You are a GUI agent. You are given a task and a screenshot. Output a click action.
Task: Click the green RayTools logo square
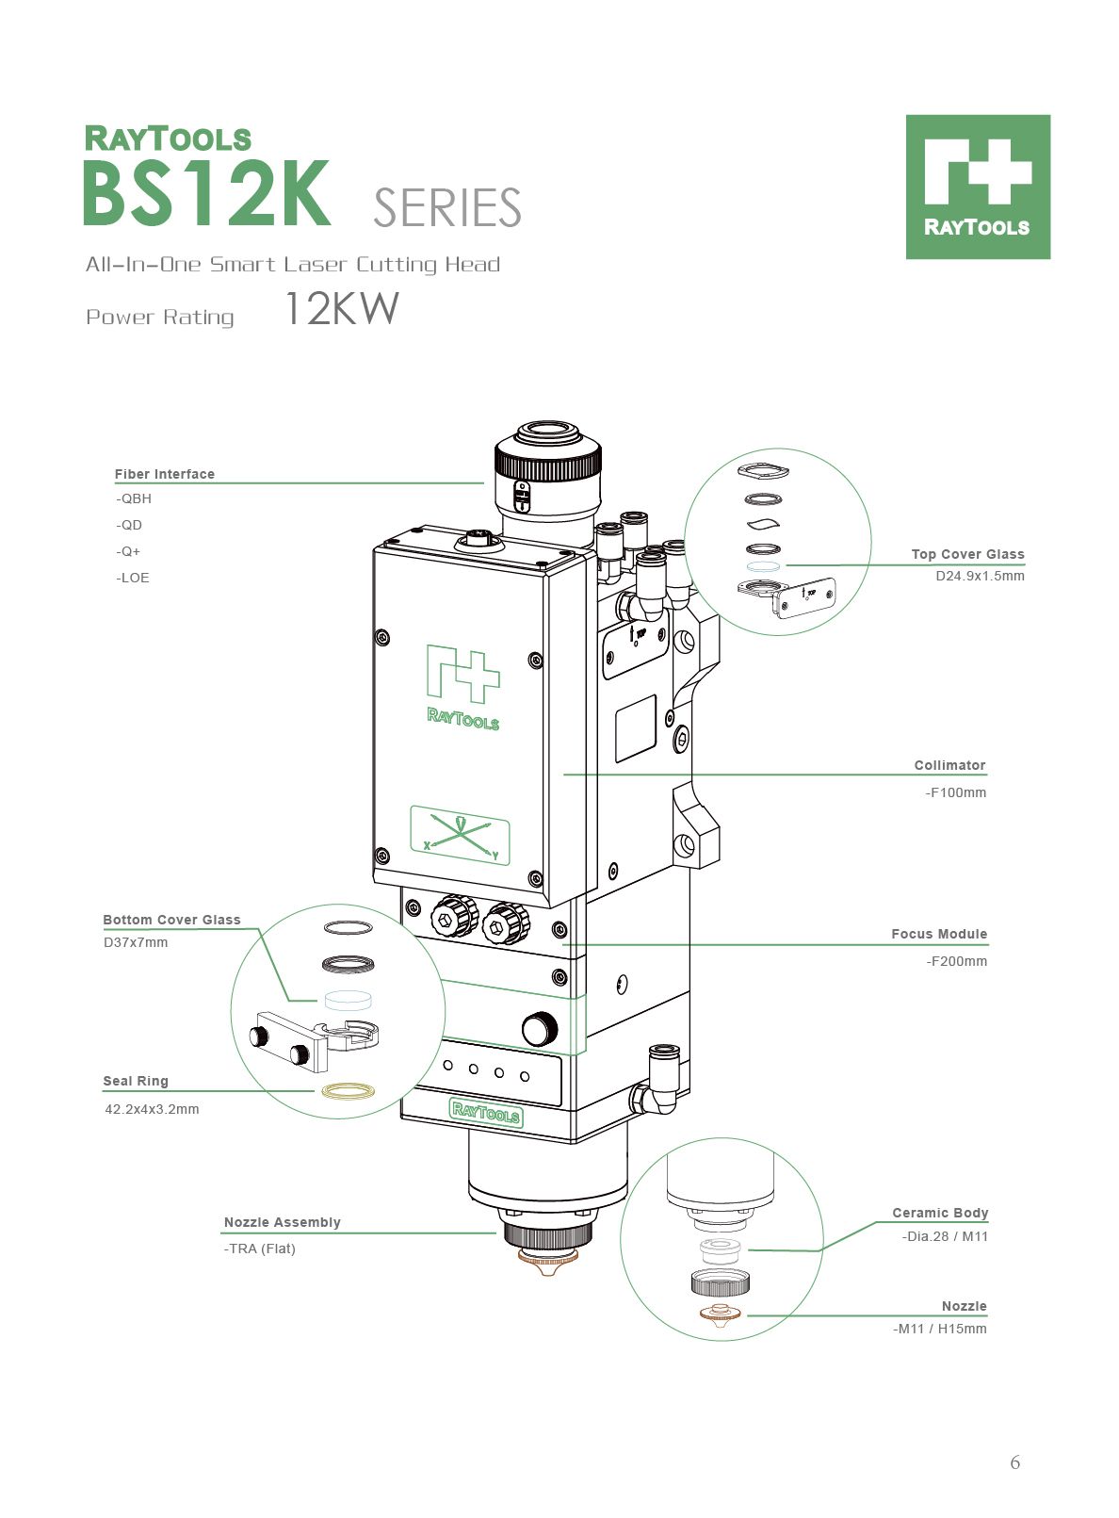pyautogui.click(x=978, y=187)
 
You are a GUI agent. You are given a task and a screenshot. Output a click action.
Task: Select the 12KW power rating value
pyautogui.click(x=342, y=309)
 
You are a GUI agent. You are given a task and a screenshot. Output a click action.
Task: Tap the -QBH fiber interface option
pyautogui.click(x=134, y=498)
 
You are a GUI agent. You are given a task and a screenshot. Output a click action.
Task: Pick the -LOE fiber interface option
pyautogui.click(x=132, y=578)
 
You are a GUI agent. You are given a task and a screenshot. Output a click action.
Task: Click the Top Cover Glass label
pyautogui.click(x=967, y=554)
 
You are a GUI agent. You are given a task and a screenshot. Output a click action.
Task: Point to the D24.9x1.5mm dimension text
pyautogui.click(x=980, y=576)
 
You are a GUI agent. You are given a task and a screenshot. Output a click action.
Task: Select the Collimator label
pyautogui.click(x=949, y=765)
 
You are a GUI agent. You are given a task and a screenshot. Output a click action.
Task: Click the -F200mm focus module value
pyautogui.click(x=956, y=961)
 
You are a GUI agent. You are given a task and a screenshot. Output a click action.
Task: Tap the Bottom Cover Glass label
pyautogui.click(x=171, y=920)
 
